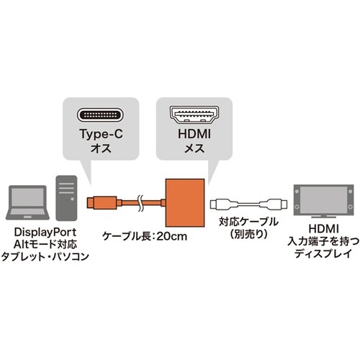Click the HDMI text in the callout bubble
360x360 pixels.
[x=194, y=135]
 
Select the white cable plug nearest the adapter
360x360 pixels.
[x=219, y=204]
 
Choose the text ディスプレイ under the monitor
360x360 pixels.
[x=321, y=257]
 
